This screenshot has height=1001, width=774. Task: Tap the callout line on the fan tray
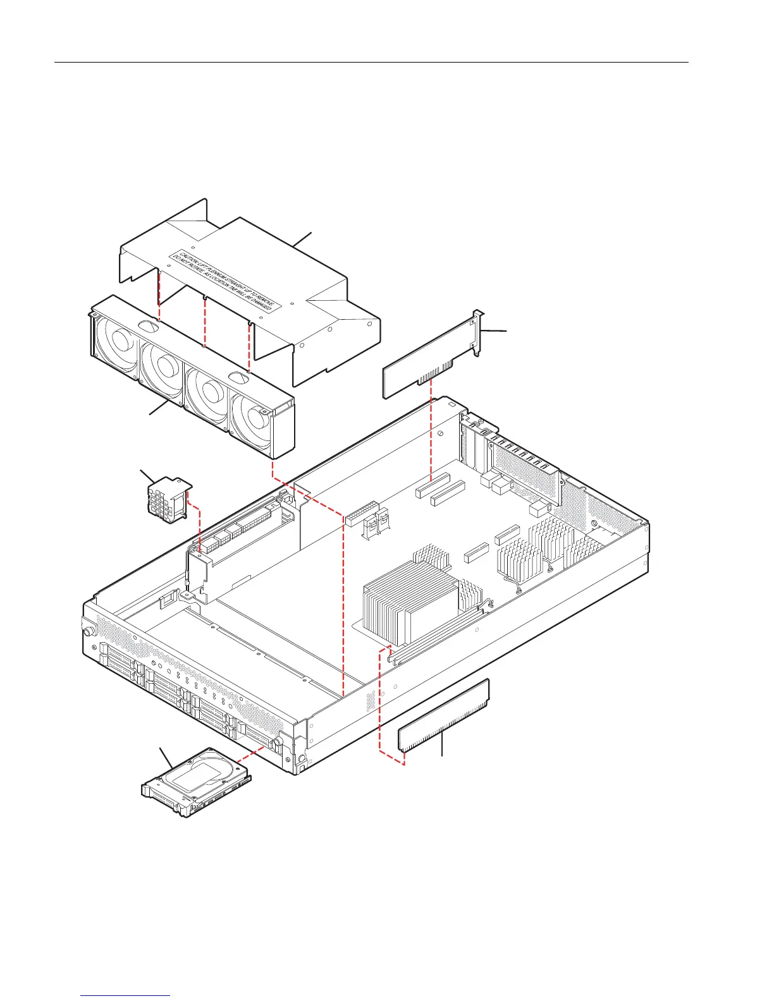point(158,408)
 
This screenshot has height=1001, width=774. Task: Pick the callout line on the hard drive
point(166,758)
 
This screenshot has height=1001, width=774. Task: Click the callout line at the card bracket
point(494,331)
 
